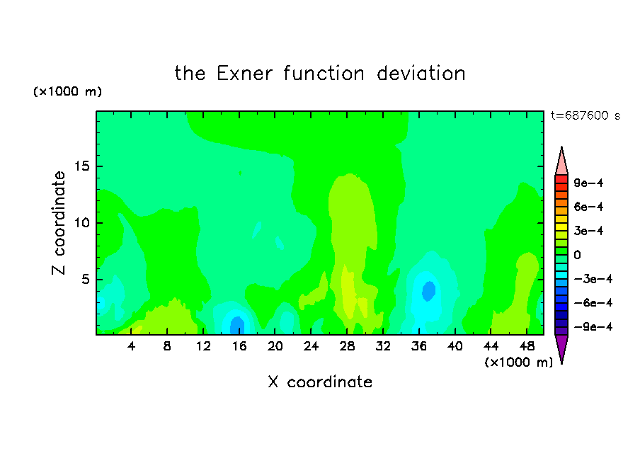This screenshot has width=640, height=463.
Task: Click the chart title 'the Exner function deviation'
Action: tap(320, 74)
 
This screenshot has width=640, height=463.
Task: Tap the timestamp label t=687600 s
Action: tap(585, 115)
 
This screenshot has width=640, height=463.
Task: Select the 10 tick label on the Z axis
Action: tap(81, 223)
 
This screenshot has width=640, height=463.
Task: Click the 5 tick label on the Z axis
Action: tap(85, 280)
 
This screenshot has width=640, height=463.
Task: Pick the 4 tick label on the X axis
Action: tap(131, 346)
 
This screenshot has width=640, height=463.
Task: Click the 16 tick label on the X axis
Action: tap(239, 346)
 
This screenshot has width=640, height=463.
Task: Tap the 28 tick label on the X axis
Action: tap(347, 346)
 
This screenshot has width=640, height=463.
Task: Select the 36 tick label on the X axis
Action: tap(419, 346)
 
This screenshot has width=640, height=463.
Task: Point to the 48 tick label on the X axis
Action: tap(527, 346)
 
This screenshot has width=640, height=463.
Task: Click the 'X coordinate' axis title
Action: tap(320, 382)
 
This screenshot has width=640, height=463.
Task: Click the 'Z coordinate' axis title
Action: tap(59, 223)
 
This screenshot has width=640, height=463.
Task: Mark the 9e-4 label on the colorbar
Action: tap(588, 183)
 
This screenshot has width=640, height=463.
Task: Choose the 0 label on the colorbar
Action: tap(577, 255)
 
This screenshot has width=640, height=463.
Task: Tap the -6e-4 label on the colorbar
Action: tap(593, 303)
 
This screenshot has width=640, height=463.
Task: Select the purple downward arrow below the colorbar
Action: tap(561, 348)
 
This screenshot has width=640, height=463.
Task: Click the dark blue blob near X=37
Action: tap(428, 291)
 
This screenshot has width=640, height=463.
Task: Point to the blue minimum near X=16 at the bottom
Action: tap(237, 326)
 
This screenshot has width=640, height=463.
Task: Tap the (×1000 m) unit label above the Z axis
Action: tap(67, 91)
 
